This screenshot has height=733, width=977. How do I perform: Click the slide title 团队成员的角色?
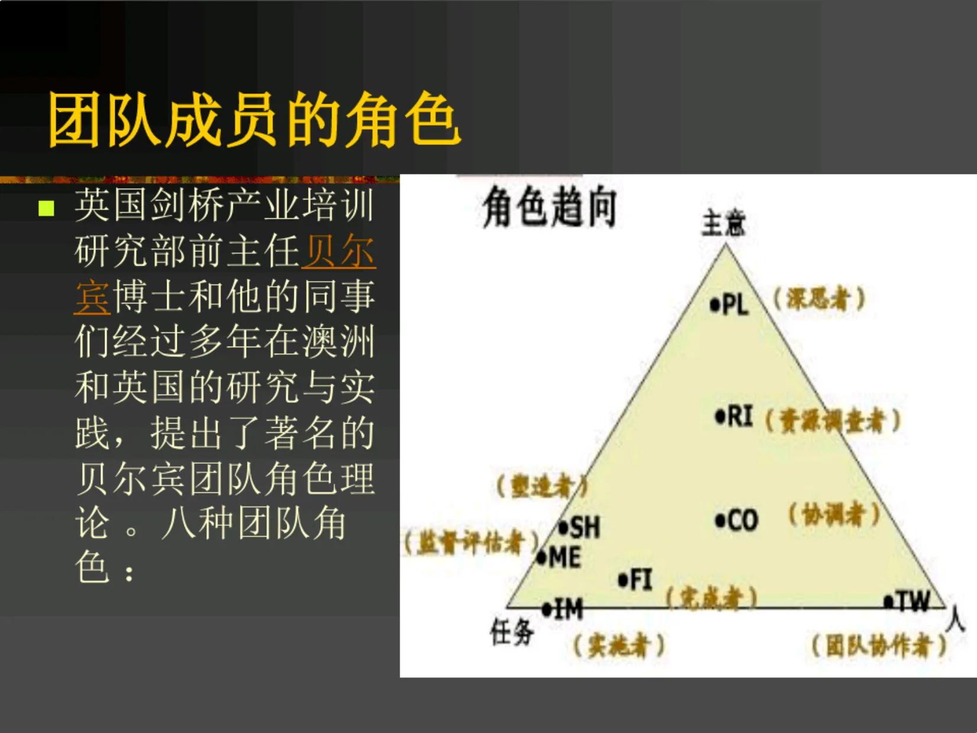[254, 120]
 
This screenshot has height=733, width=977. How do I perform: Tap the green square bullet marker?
[46, 208]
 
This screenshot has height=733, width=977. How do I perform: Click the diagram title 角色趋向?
[550, 208]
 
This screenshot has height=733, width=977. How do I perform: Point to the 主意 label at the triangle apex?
[723, 224]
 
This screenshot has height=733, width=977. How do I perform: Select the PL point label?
[731, 305]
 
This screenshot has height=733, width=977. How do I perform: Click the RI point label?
[735, 417]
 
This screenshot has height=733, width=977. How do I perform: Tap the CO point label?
[737, 521]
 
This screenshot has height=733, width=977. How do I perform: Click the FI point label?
[636, 580]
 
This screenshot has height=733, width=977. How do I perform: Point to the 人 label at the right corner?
[955, 620]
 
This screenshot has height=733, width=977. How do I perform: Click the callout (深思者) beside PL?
[819, 299]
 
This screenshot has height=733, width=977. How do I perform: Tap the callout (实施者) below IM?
[619, 645]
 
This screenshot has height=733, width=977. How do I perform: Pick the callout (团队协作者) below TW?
[879, 645]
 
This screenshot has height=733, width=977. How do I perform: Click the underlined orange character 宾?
[92, 297]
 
